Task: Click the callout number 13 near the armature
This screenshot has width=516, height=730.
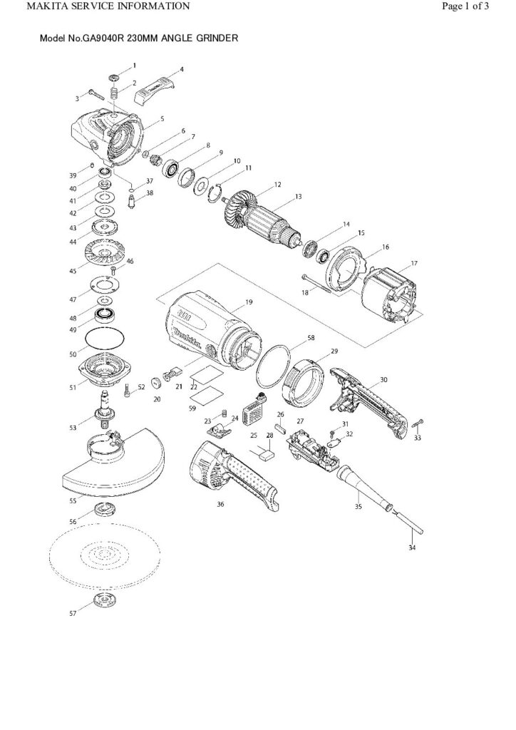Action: (299, 196)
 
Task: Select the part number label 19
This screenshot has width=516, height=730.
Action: (249, 302)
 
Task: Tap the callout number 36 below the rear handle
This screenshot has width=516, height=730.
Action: (220, 503)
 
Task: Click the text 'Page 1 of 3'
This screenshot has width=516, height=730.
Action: (465, 6)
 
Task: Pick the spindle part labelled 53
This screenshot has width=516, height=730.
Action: (105, 411)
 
